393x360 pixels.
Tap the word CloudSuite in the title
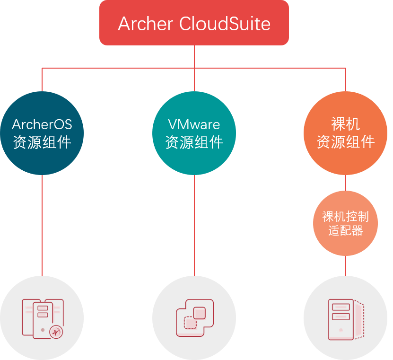(x=225, y=24)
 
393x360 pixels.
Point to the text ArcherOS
(x=42, y=124)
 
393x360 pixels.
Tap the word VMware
(x=194, y=124)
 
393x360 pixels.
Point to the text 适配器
(x=345, y=231)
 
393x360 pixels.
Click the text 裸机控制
(x=345, y=217)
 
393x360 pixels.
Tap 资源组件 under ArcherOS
(x=42, y=142)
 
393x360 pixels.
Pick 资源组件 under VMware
(x=194, y=142)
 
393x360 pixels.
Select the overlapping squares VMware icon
(x=194, y=318)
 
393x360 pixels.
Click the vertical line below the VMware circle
(x=194, y=225)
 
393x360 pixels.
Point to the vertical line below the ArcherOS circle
(x=42, y=225)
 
